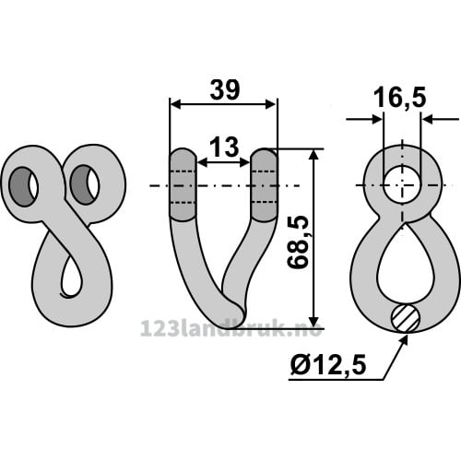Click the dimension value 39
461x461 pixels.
point(225,90)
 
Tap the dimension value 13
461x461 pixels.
point(225,147)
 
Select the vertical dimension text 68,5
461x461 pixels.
point(298,242)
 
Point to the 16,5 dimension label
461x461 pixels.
point(400,97)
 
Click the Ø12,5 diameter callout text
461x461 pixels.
point(328,365)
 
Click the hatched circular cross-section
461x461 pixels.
point(406,319)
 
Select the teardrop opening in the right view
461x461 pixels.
point(402,266)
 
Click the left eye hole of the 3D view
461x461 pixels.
point(23,186)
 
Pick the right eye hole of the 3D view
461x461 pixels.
point(85,184)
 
